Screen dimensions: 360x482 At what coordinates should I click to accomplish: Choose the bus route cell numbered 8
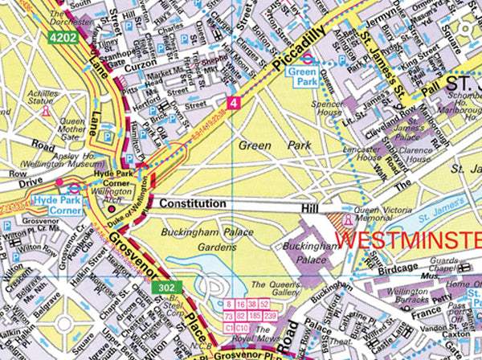pyautogui.click(x=230, y=305)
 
